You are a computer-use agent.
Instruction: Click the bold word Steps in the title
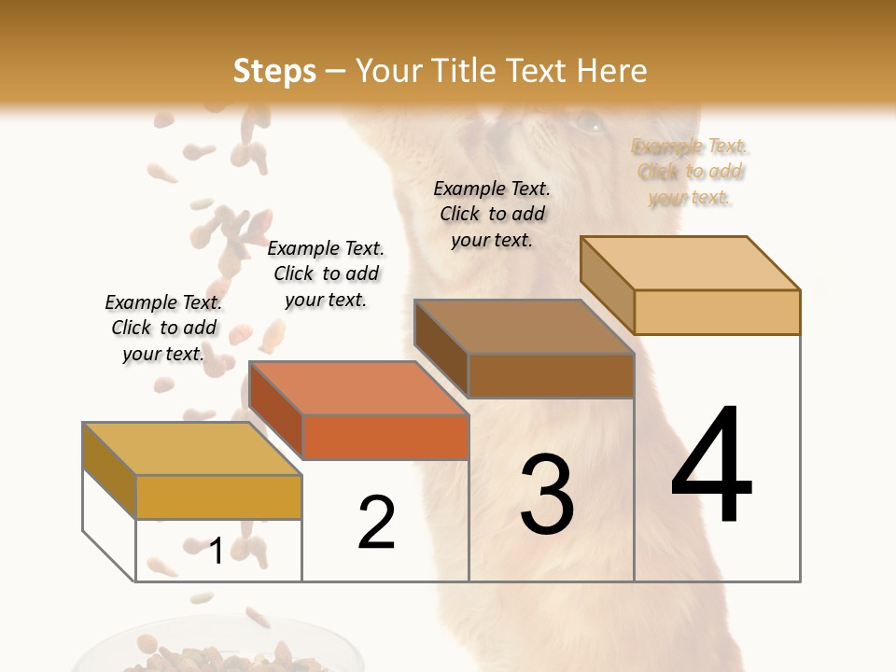click(273, 71)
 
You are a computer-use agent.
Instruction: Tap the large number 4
click(711, 466)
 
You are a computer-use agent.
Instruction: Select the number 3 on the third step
click(547, 495)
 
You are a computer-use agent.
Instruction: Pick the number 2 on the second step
click(376, 523)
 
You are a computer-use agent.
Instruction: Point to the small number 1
click(216, 552)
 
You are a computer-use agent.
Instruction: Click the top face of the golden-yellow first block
click(191, 449)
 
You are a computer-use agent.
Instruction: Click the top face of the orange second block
click(357, 388)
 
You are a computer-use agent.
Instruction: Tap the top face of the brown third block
click(524, 327)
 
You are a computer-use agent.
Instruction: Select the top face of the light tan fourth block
click(690, 263)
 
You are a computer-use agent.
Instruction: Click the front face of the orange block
click(385, 437)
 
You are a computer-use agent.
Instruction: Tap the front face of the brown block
click(551, 375)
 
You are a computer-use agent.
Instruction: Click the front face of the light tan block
click(717, 312)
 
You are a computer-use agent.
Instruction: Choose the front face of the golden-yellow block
click(219, 497)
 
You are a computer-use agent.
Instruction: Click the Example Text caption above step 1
click(163, 328)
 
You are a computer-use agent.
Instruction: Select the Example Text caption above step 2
click(326, 273)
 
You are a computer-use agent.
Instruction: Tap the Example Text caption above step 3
click(492, 214)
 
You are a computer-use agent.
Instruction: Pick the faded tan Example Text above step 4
click(690, 172)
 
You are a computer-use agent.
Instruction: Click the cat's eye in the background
click(588, 120)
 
